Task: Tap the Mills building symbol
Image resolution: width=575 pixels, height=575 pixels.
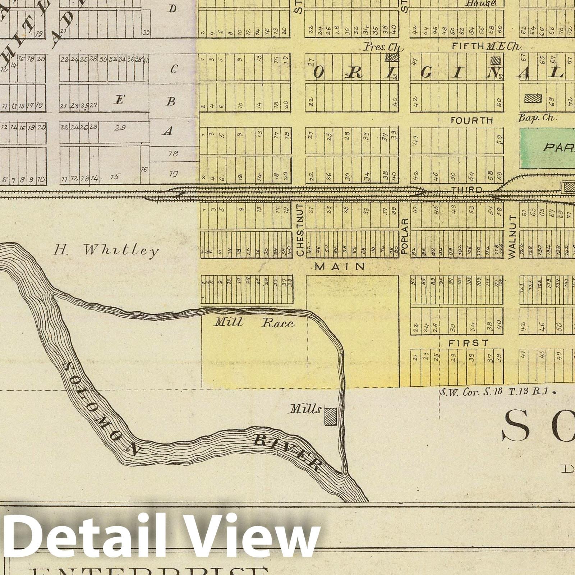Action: (x=331, y=416)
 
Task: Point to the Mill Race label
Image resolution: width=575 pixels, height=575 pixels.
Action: (x=254, y=323)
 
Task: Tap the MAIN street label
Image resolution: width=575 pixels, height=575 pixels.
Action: (x=340, y=266)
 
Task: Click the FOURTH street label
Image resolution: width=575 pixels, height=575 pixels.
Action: (x=472, y=120)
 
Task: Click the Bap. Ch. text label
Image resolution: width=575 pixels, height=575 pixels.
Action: (x=538, y=117)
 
